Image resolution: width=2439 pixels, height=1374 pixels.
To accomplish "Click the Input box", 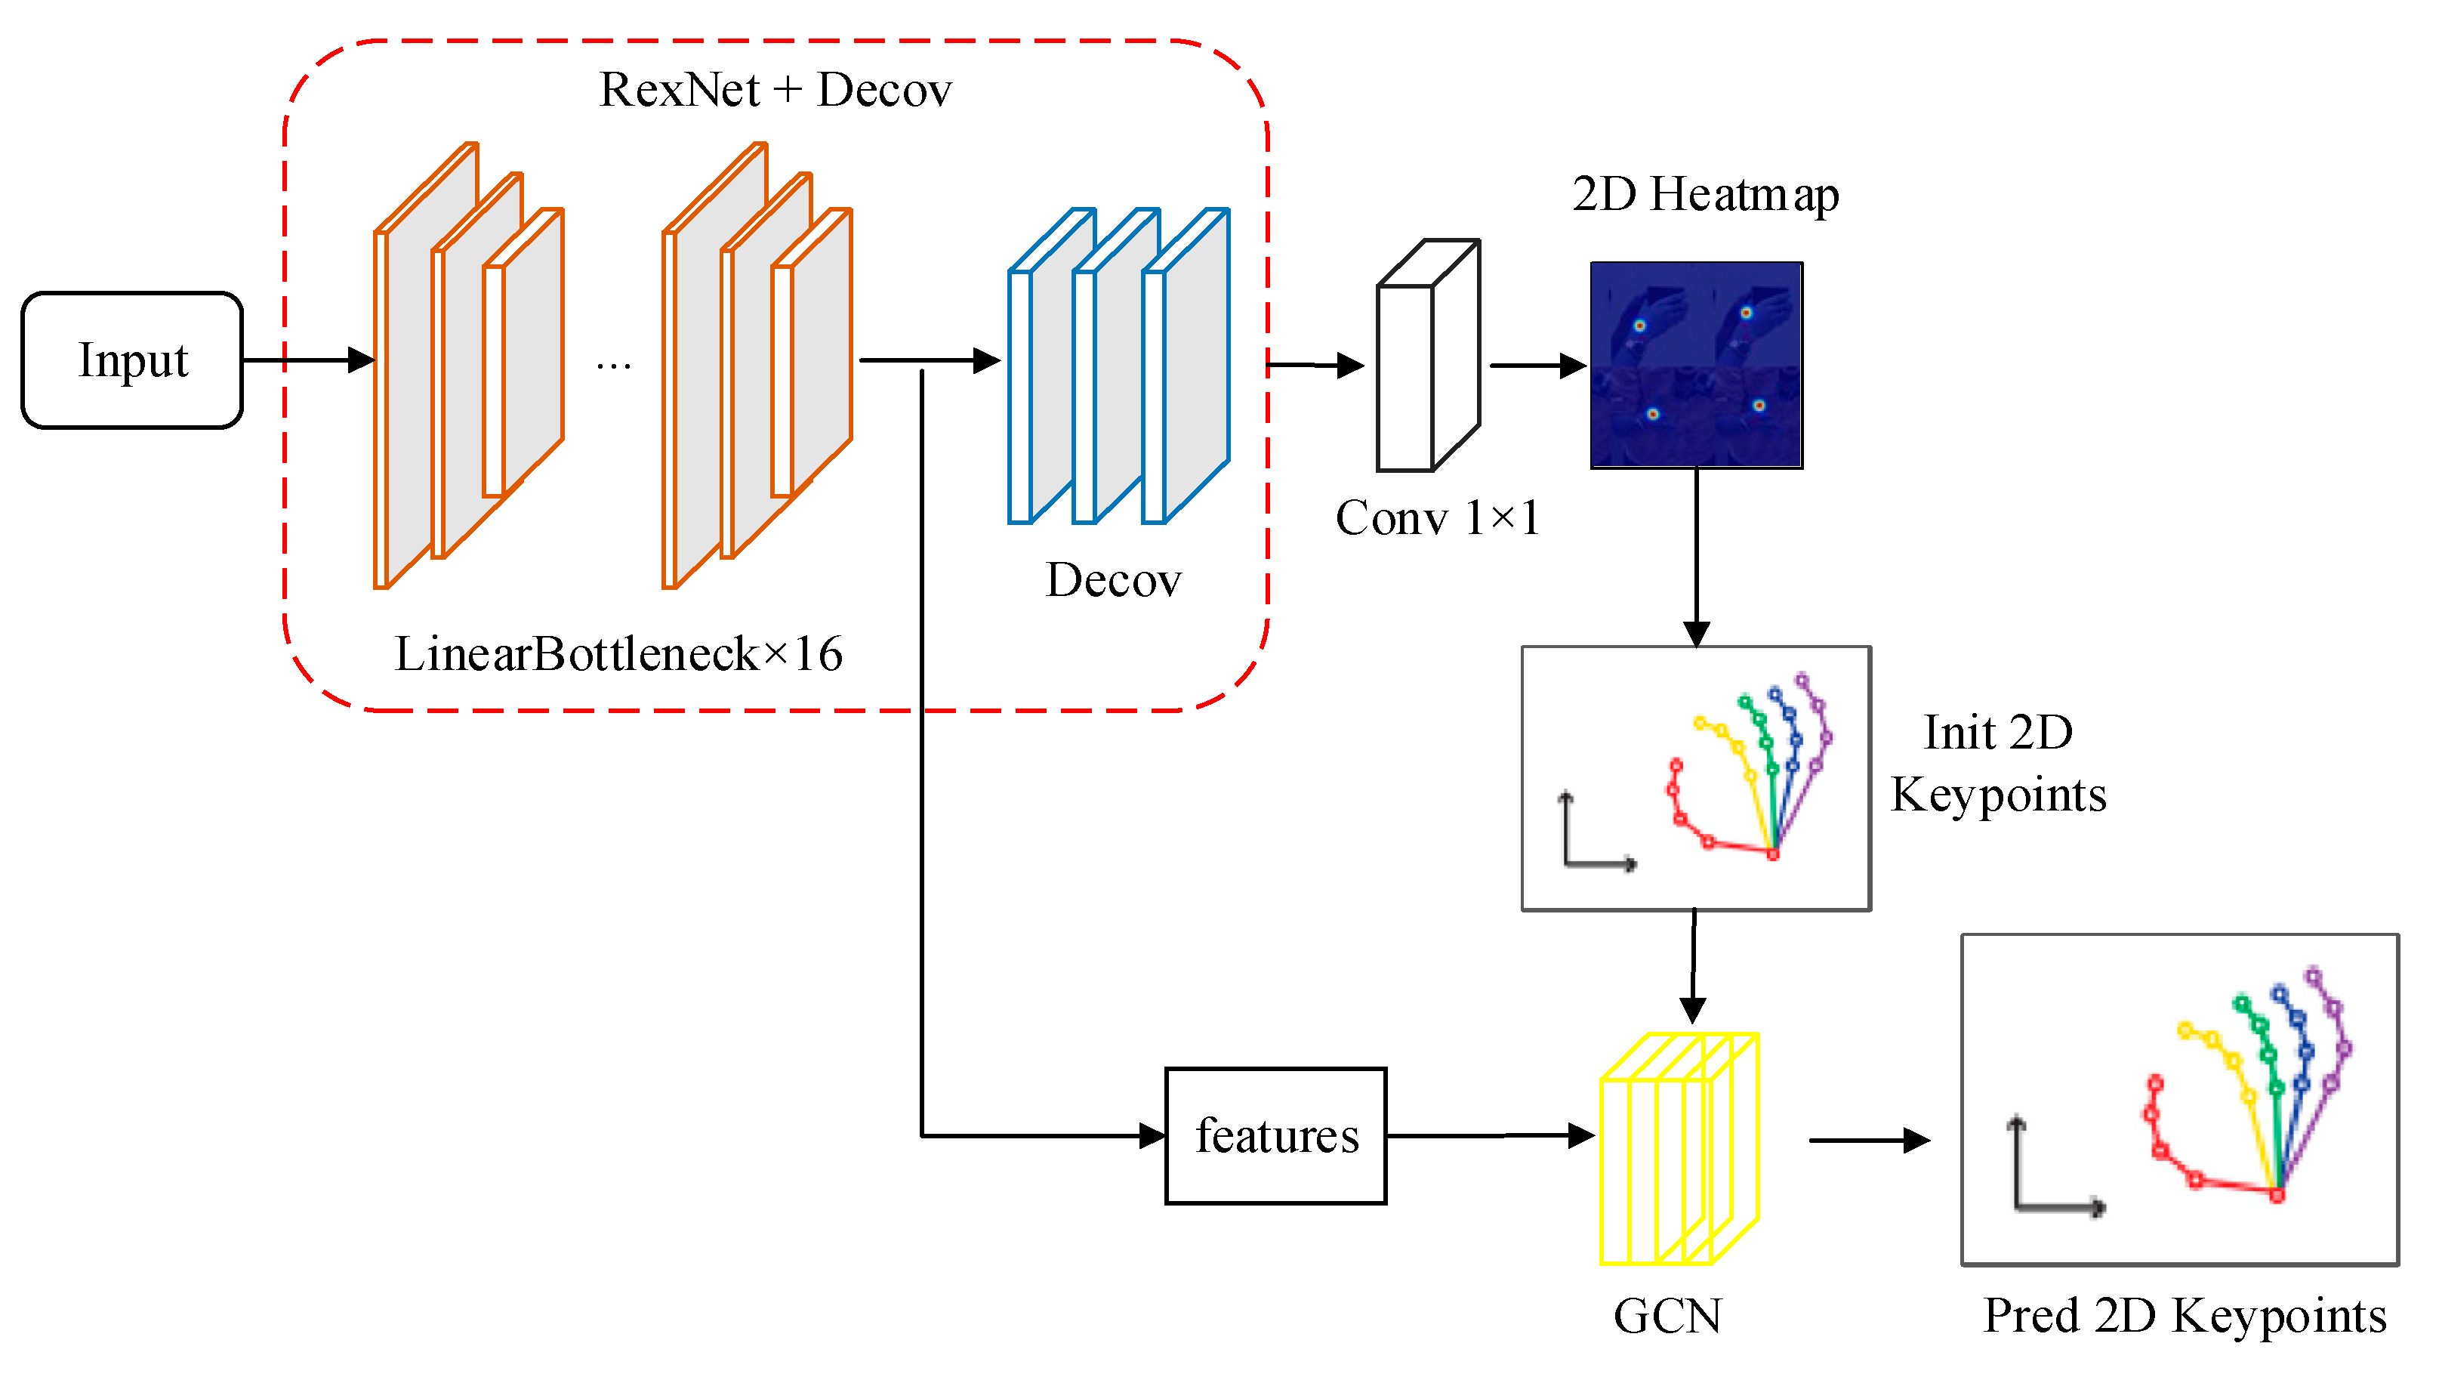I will [133, 360].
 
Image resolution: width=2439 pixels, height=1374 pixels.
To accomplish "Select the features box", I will [1275, 1135].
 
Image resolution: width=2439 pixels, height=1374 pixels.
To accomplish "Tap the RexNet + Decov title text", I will [775, 90].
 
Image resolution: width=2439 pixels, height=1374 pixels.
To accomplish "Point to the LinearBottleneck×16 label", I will [618, 653].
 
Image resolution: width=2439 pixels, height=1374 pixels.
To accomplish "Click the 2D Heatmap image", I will [1696, 365].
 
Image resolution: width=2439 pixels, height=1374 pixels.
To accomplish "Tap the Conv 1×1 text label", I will [1436, 518].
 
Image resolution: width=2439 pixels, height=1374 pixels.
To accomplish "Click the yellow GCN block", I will [1679, 1149].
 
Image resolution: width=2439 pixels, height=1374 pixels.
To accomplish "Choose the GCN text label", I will [1667, 1315].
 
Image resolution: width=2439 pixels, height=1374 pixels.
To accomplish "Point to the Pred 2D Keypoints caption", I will [2185, 1315].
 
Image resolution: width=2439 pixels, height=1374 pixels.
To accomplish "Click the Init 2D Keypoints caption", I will [1998, 763].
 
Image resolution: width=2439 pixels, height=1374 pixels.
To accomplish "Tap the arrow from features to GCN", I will [1491, 1135].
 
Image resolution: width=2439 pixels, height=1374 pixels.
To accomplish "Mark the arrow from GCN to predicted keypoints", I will [1869, 1140].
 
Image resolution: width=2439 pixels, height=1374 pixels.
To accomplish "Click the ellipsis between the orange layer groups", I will [614, 366].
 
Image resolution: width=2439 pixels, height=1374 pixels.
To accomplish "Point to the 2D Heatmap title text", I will [1705, 194].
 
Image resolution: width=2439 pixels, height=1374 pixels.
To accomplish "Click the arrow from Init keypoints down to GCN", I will [1693, 966].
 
